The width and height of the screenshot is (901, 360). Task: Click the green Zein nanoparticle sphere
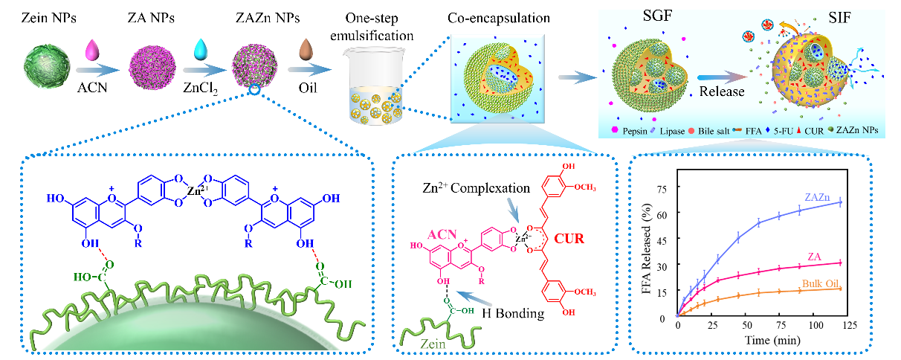47,66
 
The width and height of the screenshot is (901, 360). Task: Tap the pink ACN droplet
92,50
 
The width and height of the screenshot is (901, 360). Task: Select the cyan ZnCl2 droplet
200,49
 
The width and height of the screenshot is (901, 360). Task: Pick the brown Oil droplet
306,49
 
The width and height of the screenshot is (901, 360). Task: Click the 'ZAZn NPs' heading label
268,18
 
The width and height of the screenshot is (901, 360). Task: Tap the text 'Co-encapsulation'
499,18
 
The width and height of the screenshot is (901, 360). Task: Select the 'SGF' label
657,16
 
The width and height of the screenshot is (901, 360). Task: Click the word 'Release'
722,91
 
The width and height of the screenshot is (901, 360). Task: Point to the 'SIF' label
840,18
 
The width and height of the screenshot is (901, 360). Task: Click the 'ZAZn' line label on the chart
817,197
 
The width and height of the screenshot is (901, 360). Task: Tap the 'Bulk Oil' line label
820,283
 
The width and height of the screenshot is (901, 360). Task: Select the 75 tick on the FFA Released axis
662,189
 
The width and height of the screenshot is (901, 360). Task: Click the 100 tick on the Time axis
816,325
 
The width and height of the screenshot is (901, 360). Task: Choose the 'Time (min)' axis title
772,341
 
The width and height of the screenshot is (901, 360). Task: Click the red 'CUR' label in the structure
569,239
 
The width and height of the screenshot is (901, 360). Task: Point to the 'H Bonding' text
513,313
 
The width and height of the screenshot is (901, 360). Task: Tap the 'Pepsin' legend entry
635,131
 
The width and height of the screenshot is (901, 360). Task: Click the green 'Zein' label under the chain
433,344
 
